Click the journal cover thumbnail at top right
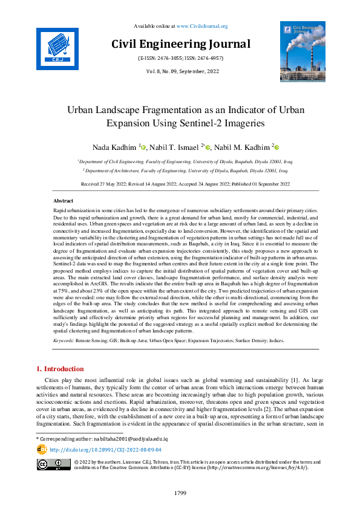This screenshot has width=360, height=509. coord(302,51)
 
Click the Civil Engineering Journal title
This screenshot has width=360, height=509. coord(180,44)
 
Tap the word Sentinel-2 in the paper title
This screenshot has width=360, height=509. coord(214,123)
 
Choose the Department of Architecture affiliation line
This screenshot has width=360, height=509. coord(180,171)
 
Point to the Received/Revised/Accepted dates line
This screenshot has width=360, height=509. coord(180,183)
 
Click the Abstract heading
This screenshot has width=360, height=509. coord(63,200)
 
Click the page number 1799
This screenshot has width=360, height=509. coord(180,493)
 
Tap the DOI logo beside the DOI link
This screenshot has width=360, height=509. coord(42,449)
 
